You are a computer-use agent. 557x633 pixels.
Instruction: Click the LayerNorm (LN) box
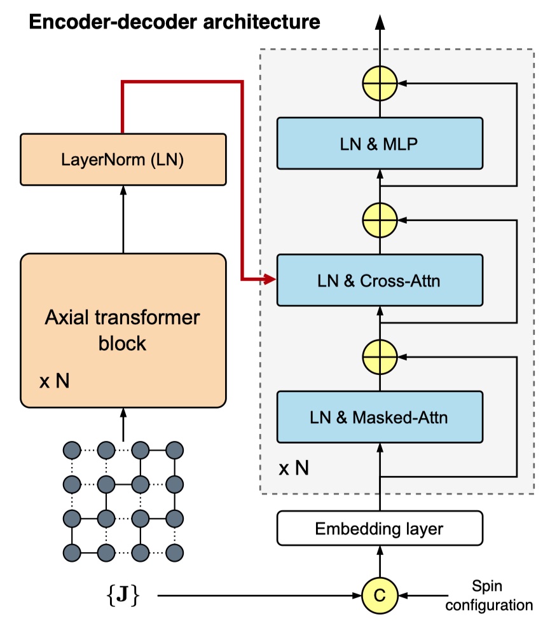pos(123,160)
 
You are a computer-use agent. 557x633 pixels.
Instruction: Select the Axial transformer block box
pos(123,330)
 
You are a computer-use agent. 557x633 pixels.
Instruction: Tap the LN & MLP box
pos(380,143)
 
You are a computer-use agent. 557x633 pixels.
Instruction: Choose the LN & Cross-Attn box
pos(380,280)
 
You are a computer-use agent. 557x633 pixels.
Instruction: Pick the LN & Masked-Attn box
pos(380,417)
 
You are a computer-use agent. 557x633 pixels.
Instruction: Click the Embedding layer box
pos(380,528)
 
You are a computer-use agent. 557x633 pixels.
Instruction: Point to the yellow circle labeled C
pos(380,596)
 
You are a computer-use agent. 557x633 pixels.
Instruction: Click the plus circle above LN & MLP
pos(380,83)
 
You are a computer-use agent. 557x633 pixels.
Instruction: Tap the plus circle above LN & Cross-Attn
pos(380,221)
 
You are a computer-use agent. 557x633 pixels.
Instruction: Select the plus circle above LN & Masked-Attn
pos(380,357)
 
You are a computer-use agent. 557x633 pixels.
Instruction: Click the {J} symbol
pos(123,595)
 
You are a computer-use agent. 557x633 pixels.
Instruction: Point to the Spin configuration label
pos(489,596)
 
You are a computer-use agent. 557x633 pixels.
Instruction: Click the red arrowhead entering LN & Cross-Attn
pos(270,279)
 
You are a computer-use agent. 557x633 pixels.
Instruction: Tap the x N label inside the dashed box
pos(294,468)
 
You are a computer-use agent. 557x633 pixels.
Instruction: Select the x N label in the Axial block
pos(55,381)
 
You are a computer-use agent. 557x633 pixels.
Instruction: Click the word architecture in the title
pos(262,22)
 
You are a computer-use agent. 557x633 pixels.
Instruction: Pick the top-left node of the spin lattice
pos(72,450)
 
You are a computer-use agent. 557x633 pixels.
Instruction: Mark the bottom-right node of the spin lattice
pos(174,553)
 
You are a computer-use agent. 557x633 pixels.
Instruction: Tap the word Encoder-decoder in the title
pos(114,22)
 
